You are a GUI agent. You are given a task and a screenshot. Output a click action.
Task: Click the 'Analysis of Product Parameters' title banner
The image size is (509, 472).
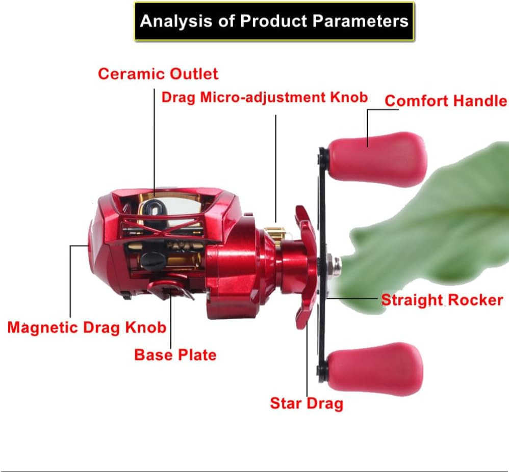[274, 21]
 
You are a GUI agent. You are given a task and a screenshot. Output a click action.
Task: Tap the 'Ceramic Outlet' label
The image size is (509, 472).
[158, 74]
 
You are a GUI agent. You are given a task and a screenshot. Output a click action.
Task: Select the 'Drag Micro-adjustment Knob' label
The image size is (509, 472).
[264, 97]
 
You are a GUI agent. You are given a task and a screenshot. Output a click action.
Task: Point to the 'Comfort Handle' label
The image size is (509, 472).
[445, 100]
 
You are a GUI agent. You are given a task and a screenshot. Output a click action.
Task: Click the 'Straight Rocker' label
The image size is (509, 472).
[442, 300]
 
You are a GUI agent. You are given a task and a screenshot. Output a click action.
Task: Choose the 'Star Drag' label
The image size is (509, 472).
[306, 403]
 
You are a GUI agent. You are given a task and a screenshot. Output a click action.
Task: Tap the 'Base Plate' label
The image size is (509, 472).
[175, 354]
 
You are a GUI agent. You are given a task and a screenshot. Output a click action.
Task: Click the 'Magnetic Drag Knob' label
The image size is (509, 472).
[87, 327]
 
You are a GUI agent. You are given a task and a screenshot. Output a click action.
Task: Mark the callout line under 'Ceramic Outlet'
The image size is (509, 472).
[154, 137]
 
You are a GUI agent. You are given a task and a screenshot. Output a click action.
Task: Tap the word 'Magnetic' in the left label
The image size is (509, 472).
[40, 327]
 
